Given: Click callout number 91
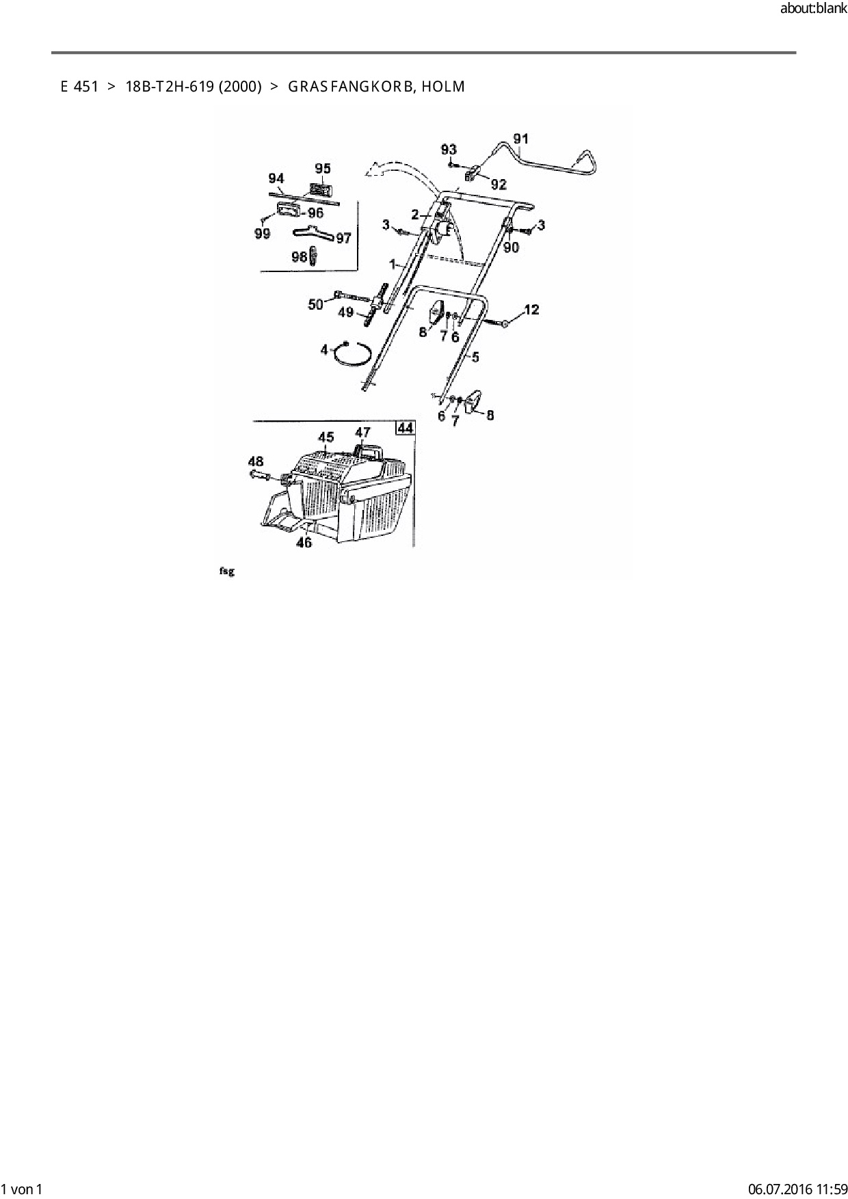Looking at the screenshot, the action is coord(520,139).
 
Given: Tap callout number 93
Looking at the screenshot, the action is coord(449,150).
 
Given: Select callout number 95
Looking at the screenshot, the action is coord(322,169).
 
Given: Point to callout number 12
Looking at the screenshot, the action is coord(531,310).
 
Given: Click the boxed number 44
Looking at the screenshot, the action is coord(406,428).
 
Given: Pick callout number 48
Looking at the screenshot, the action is coord(256,461).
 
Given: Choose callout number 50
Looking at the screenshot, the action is coord(315,304).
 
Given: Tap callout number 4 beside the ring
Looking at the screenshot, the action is coord(325,350).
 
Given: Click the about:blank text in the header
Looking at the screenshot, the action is coord(813,9).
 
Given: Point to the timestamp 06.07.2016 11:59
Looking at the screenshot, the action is coord(797,1189).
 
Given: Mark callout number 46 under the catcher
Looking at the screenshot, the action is coord(304,542).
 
